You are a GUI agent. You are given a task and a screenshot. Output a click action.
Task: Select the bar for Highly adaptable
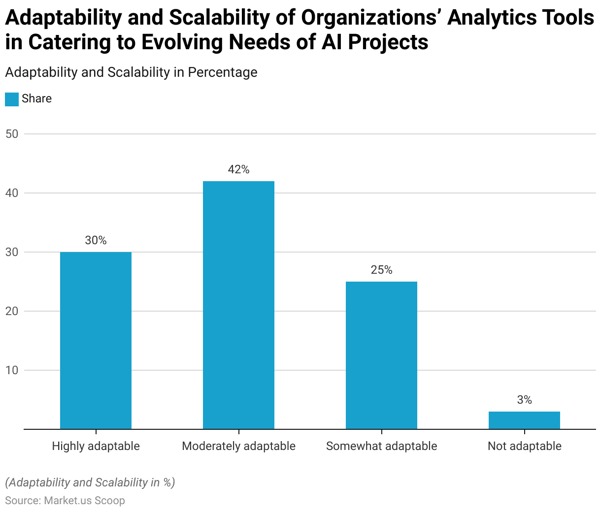[96, 340]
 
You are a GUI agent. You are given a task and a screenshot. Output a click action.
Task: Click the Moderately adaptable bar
[238, 305]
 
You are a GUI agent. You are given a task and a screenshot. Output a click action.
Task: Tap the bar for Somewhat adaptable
[381, 355]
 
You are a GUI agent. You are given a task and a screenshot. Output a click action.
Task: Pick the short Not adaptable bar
[524, 420]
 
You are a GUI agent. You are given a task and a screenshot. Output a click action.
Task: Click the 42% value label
[238, 169]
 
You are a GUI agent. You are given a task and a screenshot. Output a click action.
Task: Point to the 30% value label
[96, 240]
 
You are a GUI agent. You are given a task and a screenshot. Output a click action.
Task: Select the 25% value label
[381, 270]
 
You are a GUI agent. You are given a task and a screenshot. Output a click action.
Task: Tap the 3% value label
[524, 400]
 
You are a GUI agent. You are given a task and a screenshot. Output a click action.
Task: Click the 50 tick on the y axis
[12, 134]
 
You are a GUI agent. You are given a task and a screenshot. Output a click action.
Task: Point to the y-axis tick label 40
[12, 193]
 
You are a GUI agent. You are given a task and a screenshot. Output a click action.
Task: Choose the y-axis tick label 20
[12, 311]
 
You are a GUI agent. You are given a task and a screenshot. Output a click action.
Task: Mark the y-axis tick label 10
[12, 370]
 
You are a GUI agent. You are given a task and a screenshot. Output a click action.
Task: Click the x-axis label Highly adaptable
[96, 446]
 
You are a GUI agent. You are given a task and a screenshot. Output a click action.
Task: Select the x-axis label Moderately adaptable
[238, 446]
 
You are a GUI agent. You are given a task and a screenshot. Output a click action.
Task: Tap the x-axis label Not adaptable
[524, 446]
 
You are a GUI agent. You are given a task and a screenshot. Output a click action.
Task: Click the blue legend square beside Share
[12, 99]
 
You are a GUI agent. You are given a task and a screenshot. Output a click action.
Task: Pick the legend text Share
[36, 98]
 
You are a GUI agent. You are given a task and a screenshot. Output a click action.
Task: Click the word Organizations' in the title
[371, 18]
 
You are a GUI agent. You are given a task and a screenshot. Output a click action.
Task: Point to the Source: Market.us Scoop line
[65, 500]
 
